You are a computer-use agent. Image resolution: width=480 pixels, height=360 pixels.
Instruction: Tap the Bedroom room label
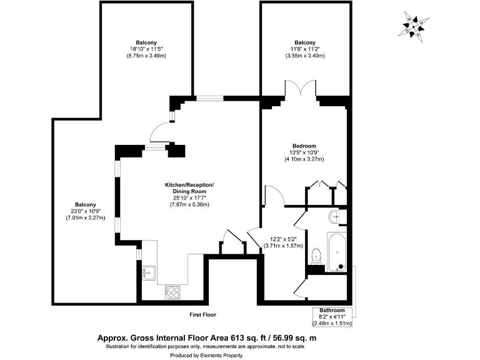304,146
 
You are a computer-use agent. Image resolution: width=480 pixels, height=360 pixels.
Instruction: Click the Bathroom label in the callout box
332,311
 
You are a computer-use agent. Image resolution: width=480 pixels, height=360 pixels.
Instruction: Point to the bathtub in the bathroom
337,251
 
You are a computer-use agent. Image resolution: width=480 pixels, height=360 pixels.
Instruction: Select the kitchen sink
149,272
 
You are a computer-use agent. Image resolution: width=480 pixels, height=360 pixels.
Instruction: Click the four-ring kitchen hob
172,291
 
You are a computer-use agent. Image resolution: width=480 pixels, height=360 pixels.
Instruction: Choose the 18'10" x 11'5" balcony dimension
147,49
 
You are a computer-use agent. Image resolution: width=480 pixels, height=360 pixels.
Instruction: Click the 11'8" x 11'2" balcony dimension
304,49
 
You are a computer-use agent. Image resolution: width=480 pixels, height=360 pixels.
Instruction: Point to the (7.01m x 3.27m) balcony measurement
85,218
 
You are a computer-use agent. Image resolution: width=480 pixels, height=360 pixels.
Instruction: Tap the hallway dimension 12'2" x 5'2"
287,239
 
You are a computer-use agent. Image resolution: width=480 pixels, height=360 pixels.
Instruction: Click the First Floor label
203,314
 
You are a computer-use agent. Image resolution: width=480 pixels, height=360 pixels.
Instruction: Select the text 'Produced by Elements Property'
206,354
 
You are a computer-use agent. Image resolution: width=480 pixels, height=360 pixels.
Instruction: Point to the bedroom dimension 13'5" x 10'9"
304,152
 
